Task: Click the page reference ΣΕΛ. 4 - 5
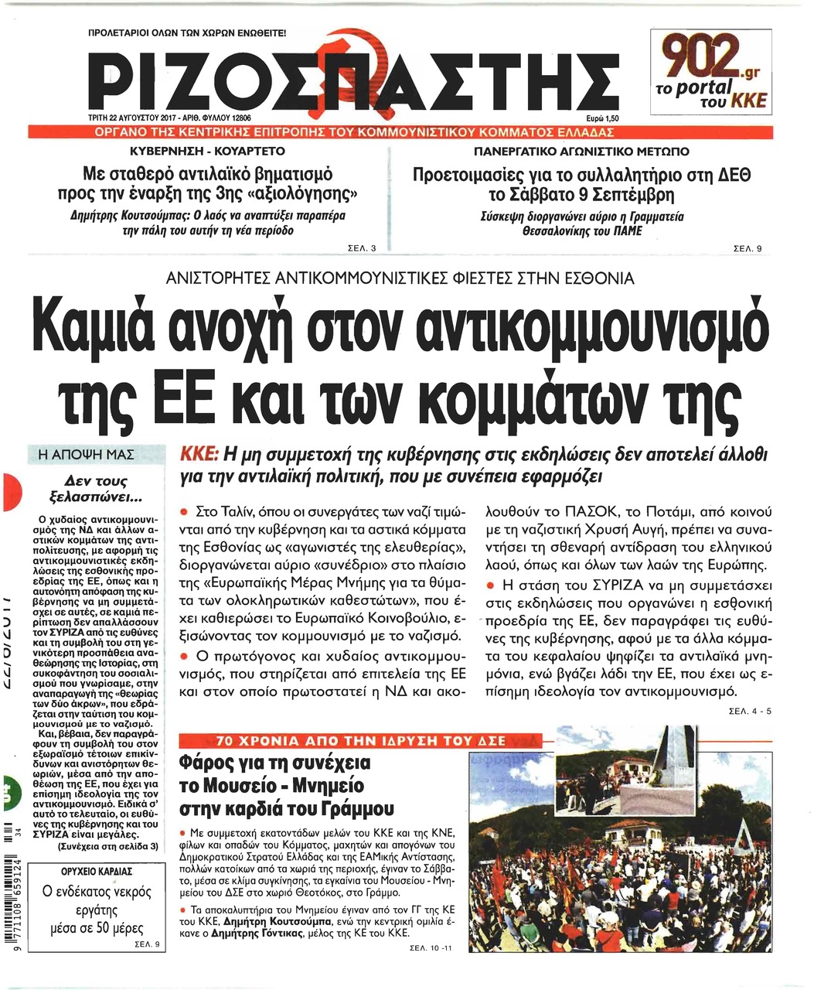point(749,712)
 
